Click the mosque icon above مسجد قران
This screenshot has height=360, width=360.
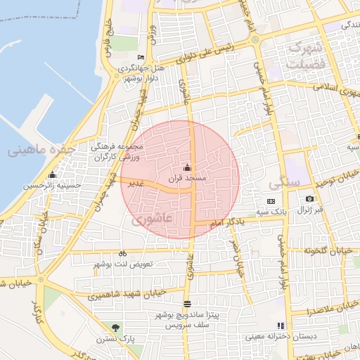(x=187, y=167)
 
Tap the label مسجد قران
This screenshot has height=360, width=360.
(x=186, y=179)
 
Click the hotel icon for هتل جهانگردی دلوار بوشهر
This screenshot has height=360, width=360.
(x=141, y=58)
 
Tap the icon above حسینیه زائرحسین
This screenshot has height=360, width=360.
(x=51, y=174)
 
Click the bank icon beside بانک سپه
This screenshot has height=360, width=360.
(x=271, y=201)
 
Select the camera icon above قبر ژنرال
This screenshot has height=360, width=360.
(x=309, y=199)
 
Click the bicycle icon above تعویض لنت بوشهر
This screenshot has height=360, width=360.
(x=123, y=253)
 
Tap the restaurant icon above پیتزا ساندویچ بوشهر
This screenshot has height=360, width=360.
(x=186, y=304)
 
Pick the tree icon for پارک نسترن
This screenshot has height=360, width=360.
(x=115, y=327)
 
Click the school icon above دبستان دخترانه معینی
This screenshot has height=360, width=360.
(x=281, y=326)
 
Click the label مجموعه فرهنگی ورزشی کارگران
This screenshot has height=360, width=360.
(x=117, y=153)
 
